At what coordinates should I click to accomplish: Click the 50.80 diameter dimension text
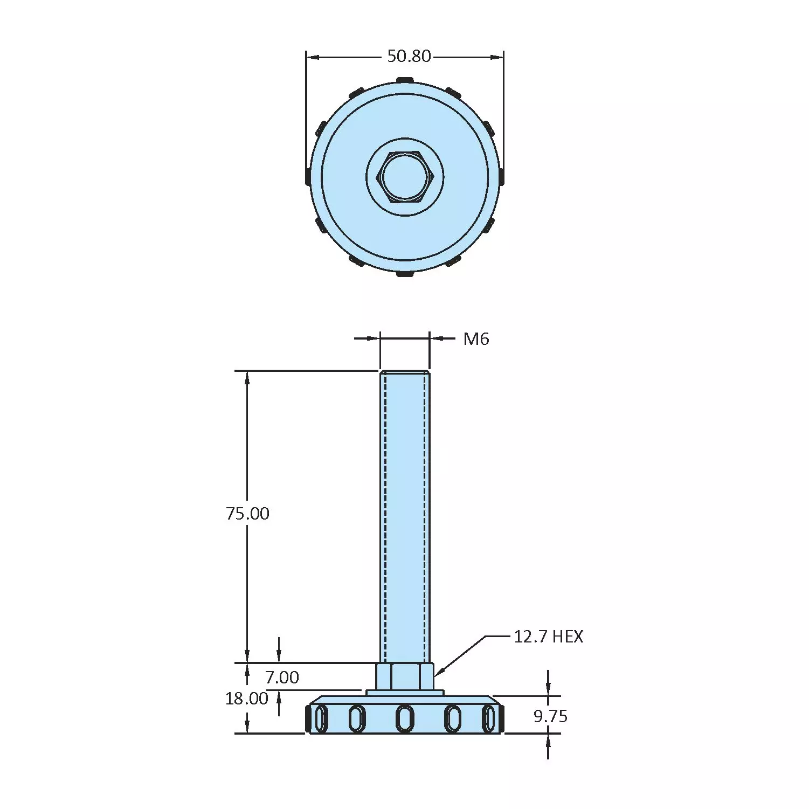click(409, 56)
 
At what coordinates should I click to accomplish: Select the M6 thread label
click(476, 339)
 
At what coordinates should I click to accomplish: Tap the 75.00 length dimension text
click(247, 514)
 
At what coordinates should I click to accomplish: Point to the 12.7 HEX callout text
click(548, 637)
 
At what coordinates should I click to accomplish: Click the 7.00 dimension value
click(282, 677)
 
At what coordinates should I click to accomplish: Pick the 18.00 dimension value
click(247, 699)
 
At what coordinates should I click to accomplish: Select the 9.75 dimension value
click(550, 716)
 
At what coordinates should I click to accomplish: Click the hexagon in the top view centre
click(405, 177)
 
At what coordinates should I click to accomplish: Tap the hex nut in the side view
click(405, 676)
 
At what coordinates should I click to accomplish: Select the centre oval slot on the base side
click(405, 718)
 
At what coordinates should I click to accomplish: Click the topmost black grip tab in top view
click(405, 80)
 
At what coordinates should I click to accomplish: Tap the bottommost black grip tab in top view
click(405, 274)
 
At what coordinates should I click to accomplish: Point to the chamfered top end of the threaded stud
click(405, 372)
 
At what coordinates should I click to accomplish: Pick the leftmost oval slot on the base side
click(321, 719)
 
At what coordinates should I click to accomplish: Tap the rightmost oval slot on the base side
click(488, 719)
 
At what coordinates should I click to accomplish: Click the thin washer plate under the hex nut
click(405, 693)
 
